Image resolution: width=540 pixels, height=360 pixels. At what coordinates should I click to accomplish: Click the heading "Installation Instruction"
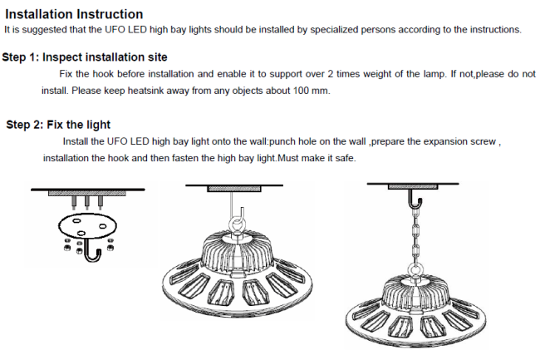[74, 14]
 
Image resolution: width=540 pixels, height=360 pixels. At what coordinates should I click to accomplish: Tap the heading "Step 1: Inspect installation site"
[85, 57]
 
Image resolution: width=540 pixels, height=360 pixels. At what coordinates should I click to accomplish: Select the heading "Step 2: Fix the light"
[58, 125]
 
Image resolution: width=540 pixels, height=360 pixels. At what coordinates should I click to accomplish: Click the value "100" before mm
[301, 91]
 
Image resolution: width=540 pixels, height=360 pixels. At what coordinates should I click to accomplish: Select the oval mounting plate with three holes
[87, 225]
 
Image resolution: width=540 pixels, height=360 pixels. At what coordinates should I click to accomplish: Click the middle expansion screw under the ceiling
[86, 203]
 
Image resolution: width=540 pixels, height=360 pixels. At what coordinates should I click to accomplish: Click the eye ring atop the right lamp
[415, 271]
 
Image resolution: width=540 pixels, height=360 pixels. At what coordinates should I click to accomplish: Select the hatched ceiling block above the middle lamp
[234, 189]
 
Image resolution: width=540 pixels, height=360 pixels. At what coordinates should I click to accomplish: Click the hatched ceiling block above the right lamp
[413, 186]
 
